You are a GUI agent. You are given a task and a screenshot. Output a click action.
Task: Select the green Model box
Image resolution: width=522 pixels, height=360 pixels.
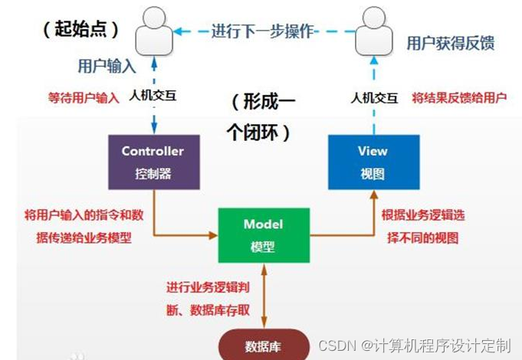pos(263,235)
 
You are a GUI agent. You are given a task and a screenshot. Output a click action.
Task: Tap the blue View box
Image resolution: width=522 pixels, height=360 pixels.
pos(373,162)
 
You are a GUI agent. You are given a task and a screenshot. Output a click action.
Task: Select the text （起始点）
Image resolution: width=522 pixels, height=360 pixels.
pos(80,30)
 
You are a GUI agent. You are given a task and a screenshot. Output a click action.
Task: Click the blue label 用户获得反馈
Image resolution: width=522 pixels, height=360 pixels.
pos(451,43)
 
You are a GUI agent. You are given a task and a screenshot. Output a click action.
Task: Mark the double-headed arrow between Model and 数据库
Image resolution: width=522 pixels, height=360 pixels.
pos(263,295)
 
